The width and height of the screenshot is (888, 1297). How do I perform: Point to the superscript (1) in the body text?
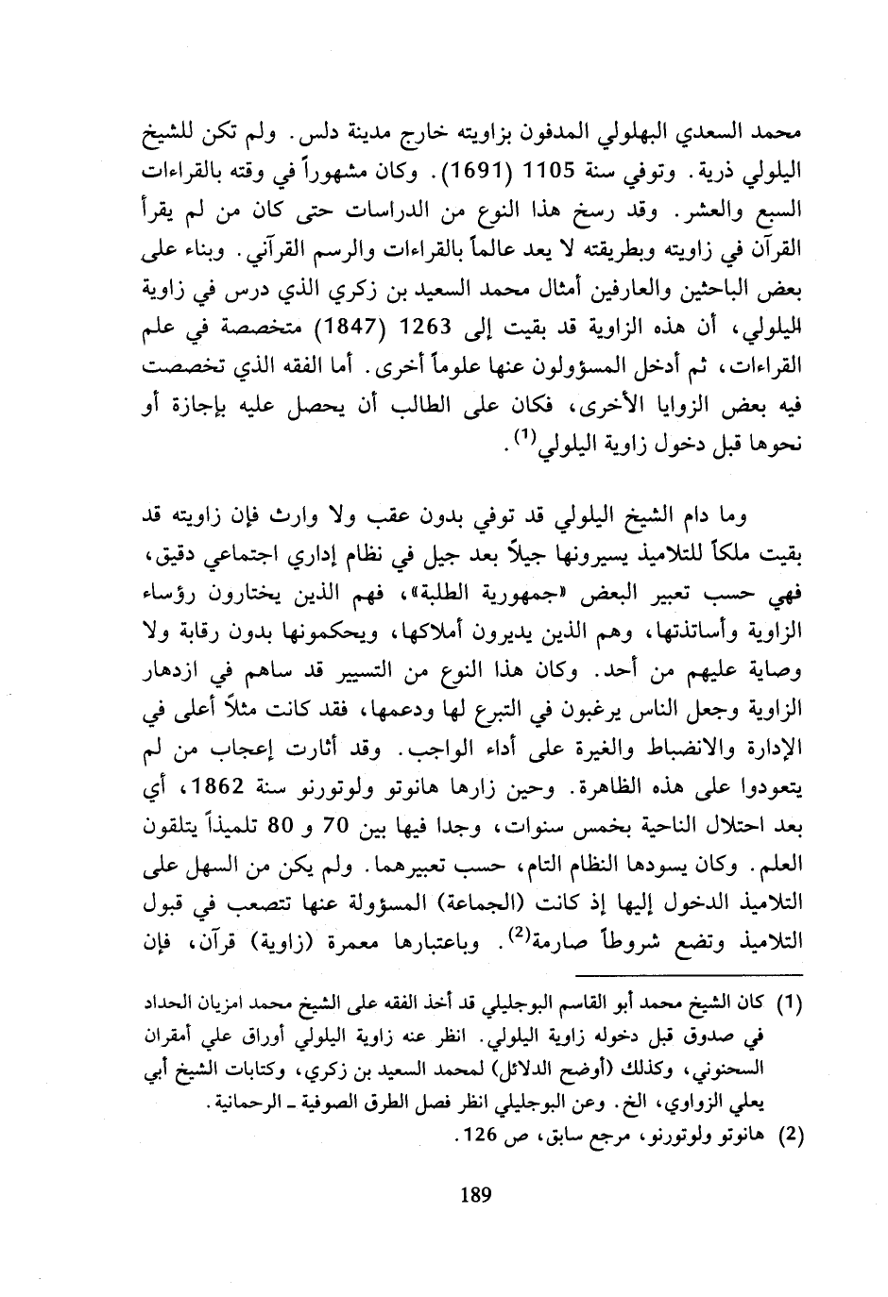click(524, 436)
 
